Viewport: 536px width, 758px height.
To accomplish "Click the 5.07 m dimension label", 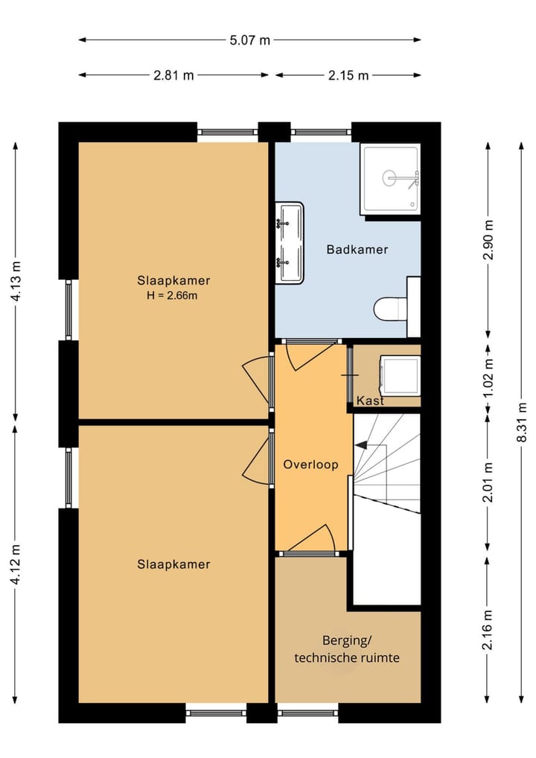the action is pos(249,40).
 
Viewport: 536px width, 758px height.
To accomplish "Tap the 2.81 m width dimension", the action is pos(173,75).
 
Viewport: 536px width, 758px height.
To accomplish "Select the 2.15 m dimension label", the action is pos(348,75).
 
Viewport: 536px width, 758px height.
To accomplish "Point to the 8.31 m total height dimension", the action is pos(522,421).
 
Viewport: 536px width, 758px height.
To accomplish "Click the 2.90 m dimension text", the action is pos(488,240).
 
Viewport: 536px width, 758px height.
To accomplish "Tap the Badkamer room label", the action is pos(357,249).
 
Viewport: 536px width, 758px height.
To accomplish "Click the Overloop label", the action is pos(310,465).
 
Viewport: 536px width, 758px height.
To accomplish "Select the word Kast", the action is pos(370,401).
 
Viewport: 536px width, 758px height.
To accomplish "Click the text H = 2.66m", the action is pos(172,296).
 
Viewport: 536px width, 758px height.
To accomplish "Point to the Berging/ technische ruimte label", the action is pos(347,649).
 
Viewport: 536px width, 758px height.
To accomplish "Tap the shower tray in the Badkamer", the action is pos(391,179).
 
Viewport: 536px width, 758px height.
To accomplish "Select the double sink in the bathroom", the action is pos(290,243).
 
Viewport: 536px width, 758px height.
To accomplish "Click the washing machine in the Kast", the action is pos(400,375).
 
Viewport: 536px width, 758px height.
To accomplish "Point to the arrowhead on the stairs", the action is pos(360,445).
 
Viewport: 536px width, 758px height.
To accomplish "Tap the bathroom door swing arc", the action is pos(310,356).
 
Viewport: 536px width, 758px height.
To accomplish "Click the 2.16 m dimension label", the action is pos(488,629).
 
